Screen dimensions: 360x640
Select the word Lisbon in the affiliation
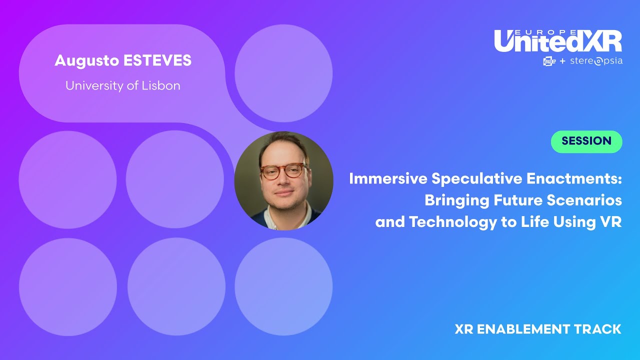[x=160, y=85]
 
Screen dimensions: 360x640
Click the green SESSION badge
[x=586, y=141]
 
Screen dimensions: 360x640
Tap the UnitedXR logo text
[x=558, y=42]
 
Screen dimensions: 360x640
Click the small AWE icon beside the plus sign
[x=549, y=61]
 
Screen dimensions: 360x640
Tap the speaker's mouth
[x=283, y=192]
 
